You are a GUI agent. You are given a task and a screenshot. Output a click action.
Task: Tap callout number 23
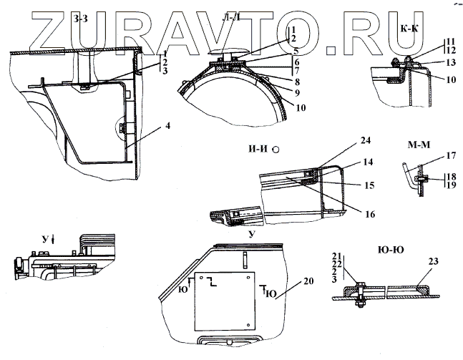pyautogui.click(x=433, y=262)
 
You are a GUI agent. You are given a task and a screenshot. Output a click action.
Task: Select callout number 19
pyautogui.click(x=450, y=185)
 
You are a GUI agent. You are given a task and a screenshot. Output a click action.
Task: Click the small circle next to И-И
pyautogui.click(x=276, y=150)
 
